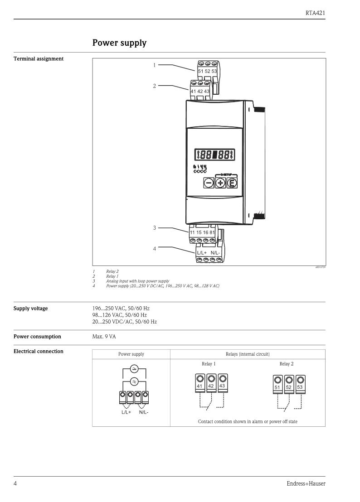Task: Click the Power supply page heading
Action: click(x=119, y=43)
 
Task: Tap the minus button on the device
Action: click(x=209, y=183)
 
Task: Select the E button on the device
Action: click(x=232, y=183)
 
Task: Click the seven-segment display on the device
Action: click(x=214, y=155)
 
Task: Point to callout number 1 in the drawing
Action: click(x=154, y=65)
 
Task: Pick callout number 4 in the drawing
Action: click(x=154, y=249)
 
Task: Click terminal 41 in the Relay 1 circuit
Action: click(x=200, y=383)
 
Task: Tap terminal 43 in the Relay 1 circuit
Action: click(x=223, y=383)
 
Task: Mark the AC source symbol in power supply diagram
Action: click(x=134, y=381)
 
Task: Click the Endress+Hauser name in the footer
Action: click(x=306, y=484)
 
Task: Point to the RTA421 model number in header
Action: click(x=315, y=13)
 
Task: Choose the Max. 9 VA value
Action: click(x=104, y=337)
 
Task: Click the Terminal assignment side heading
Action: click(x=39, y=59)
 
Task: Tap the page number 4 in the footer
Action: click(x=15, y=483)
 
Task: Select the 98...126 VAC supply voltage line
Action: click(x=119, y=315)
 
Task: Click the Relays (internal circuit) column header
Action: click(x=248, y=354)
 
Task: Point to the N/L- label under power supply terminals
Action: click(x=144, y=412)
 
